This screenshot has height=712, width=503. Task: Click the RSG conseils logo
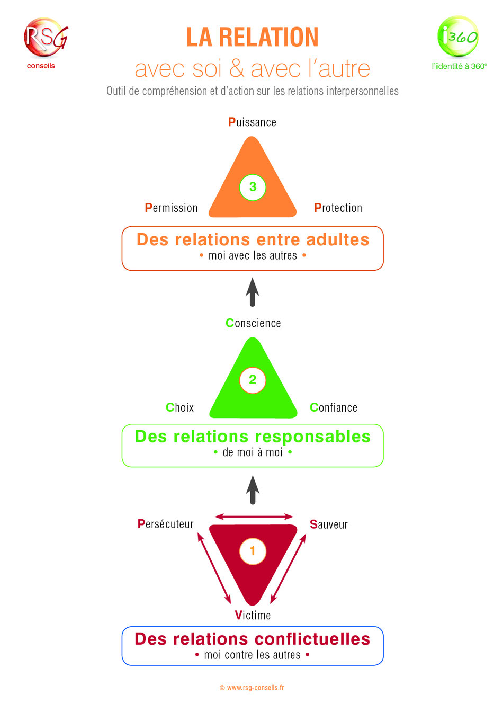pyautogui.click(x=46, y=43)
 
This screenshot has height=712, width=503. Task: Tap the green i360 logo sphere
pyautogui.click(x=457, y=36)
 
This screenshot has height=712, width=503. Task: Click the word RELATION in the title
pyautogui.click(x=268, y=37)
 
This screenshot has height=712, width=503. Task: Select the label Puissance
pyautogui.click(x=252, y=122)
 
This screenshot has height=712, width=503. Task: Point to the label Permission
pyautogui.click(x=171, y=208)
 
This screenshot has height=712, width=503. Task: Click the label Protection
pyautogui.click(x=338, y=208)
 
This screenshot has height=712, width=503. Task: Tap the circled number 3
pyautogui.click(x=253, y=187)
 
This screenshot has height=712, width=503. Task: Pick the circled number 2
pyautogui.click(x=253, y=380)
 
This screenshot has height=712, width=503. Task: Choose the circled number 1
pyautogui.click(x=253, y=551)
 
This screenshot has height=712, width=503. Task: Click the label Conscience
pyautogui.click(x=253, y=323)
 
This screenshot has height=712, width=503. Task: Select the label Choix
pyautogui.click(x=179, y=407)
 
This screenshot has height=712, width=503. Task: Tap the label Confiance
pyautogui.click(x=334, y=407)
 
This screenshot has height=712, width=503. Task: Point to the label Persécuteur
pyautogui.click(x=165, y=524)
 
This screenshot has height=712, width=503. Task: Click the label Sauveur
pyautogui.click(x=329, y=524)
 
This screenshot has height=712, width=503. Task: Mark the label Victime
pyautogui.click(x=253, y=615)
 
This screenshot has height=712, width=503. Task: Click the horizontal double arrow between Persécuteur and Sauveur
pyautogui.click(x=254, y=517)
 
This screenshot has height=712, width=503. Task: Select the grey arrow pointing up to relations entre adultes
pyautogui.click(x=253, y=292)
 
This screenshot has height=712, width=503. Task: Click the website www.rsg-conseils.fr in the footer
pyautogui.click(x=255, y=688)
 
